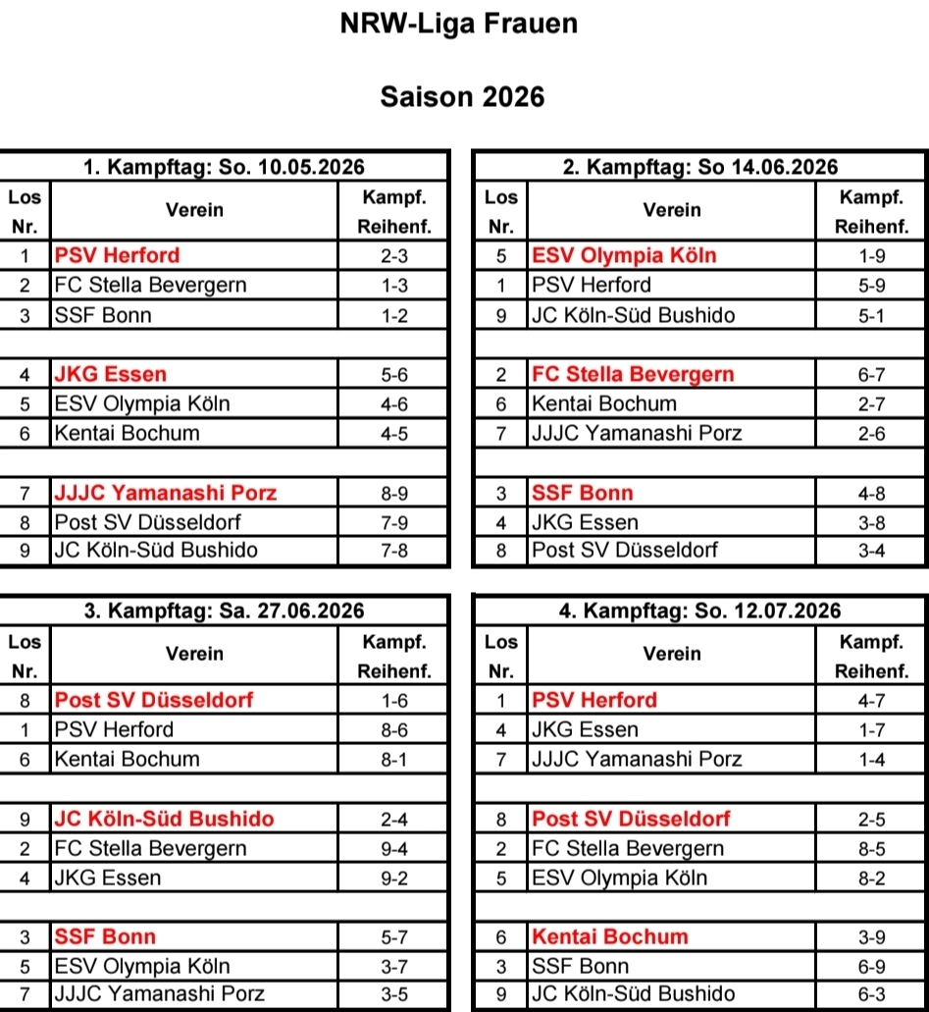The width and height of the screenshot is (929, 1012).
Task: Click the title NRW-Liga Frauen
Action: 459,24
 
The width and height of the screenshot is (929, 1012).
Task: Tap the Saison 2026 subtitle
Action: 462,96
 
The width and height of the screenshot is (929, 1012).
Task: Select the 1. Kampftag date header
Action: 224,167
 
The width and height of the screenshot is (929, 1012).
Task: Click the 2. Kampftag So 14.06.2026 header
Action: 700,167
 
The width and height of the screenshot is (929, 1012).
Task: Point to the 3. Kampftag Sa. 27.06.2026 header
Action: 224,612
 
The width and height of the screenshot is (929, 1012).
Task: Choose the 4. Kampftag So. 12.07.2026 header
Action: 700,612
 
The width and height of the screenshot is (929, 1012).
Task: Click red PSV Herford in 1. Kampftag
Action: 118,255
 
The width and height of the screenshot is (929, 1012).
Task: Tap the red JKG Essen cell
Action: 111,374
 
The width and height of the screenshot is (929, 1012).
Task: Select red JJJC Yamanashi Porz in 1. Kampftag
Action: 166,493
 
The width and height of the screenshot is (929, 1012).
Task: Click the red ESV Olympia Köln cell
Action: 624,255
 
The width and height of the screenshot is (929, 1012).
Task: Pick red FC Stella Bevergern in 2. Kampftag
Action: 633,374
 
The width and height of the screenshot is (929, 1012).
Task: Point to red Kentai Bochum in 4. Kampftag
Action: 610,936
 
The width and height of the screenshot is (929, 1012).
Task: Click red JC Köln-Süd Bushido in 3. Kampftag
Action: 165,819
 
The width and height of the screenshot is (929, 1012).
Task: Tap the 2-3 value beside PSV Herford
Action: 394,256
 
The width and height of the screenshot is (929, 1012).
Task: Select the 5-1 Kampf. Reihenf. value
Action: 872,315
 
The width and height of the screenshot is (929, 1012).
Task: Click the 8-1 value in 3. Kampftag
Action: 394,760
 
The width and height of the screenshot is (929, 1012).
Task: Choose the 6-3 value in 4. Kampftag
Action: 872,994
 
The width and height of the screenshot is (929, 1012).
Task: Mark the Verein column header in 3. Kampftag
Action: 194,655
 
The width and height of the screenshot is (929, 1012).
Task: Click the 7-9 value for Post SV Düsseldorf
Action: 394,522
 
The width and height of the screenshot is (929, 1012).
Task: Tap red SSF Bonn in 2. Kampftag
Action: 583,493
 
